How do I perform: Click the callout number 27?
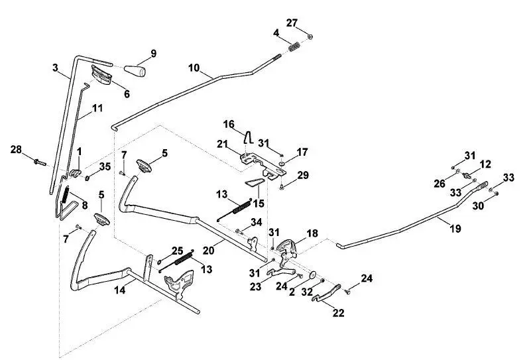coord(292,23)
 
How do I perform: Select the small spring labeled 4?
coord(294,46)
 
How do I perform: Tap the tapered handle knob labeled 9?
coord(135,71)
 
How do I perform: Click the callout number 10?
coord(194,68)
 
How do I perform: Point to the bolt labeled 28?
coord(40,162)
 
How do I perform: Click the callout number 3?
coord(56,68)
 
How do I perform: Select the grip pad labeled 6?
coord(101,76)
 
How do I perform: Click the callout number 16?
coord(229,125)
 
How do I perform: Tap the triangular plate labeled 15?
coord(255,182)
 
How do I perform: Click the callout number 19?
coord(455,229)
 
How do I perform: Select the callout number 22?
coord(339,313)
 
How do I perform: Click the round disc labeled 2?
coord(314,275)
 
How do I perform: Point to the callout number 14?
coord(120,290)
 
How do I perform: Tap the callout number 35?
coord(105,166)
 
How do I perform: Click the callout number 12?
coord(485,164)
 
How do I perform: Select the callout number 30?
coord(478,206)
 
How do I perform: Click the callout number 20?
coord(208,250)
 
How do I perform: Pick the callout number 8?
coord(85,205)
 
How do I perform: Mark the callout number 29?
coord(303,175)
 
